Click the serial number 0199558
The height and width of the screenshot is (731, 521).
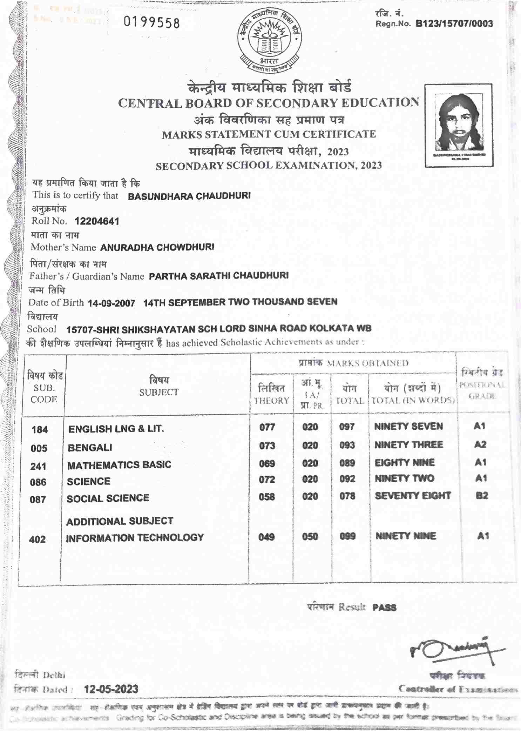pos(152,23)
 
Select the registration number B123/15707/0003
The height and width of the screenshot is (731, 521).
pos(454,24)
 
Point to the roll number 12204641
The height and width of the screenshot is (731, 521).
pos(97,221)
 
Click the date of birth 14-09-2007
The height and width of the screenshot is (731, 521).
pos(111,303)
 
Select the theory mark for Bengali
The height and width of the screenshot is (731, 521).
pos(267,445)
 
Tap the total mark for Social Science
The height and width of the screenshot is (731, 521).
pos(347,496)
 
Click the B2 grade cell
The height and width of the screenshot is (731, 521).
pos(482,495)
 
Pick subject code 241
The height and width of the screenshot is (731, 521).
pos(38,466)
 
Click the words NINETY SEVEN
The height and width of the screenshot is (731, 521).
pos(408,427)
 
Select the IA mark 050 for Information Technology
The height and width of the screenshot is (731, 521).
pos(310,536)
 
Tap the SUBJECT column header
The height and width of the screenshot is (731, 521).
pos(159,387)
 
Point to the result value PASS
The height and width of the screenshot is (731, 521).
pos(384,608)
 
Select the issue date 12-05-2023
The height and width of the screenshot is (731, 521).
pos(111,689)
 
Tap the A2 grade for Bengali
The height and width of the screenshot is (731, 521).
pos(480,444)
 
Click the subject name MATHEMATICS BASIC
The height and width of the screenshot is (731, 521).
pos(119,465)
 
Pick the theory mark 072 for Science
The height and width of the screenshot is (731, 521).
pos(266,479)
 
